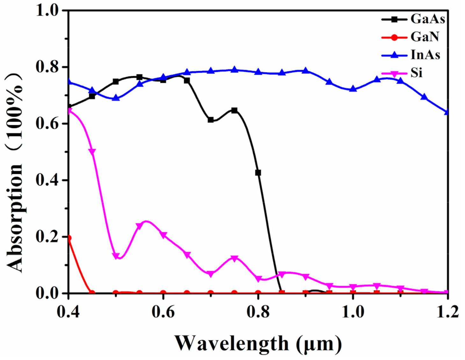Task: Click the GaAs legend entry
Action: (427, 19)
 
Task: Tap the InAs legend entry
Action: (425, 55)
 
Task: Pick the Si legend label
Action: (416, 73)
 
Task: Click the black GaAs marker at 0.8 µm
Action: (258, 173)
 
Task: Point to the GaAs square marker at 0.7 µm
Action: (211, 120)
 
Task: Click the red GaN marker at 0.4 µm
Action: (69, 238)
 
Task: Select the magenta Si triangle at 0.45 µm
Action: (92, 152)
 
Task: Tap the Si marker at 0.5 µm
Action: (116, 256)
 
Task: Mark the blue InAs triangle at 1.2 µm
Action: (447, 112)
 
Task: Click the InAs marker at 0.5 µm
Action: (116, 97)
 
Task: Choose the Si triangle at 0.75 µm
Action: (235, 258)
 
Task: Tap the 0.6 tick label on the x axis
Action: (163, 312)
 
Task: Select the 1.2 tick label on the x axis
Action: (447, 312)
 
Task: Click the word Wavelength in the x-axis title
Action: (231, 343)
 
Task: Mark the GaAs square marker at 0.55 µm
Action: (139, 77)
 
